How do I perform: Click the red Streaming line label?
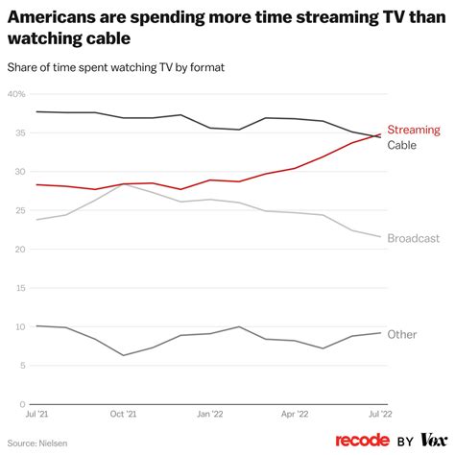[414, 130]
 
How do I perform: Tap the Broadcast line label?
[414, 238]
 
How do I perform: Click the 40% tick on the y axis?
[16, 94]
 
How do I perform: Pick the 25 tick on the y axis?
[18, 211]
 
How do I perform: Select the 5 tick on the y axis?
[21, 366]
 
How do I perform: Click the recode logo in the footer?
[361, 440]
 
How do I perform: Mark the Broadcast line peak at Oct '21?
[122, 184]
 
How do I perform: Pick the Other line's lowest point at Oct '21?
[122, 355]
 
